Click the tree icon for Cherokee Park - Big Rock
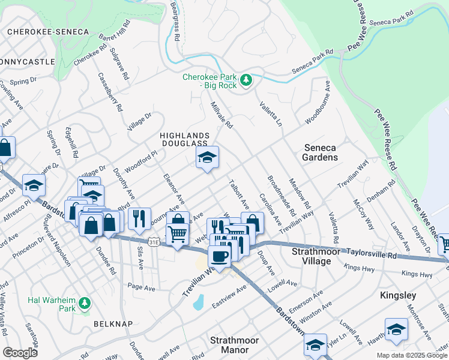pyautogui.click(x=245, y=80)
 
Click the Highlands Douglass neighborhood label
pyautogui.click(x=184, y=140)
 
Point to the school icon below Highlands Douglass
pyautogui.click(x=207, y=158)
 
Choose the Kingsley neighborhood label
pyautogui.click(x=398, y=296)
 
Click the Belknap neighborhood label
pyautogui.click(x=112, y=323)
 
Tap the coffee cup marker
pyautogui.click(x=219, y=256)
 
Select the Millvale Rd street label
pyautogui.click(x=220, y=115)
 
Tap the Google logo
pyautogui.click(x=20, y=353)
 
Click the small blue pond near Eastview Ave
pyautogui.click(x=198, y=302)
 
